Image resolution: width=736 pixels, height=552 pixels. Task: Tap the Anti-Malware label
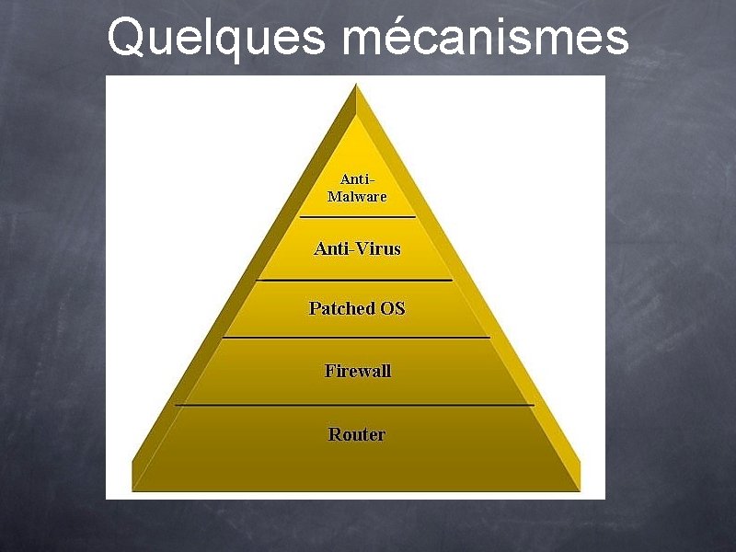[x=357, y=188]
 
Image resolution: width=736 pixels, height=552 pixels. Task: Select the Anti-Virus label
[x=357, y=248]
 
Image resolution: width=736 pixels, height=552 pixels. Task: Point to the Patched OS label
[x=357, y=308]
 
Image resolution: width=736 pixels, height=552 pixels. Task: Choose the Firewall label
[x=357, y=371]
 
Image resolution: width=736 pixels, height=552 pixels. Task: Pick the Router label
[x=357, y=434]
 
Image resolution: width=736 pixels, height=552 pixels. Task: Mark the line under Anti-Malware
[x=357, y=217]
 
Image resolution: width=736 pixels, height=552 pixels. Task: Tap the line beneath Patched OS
[x=357, y=338]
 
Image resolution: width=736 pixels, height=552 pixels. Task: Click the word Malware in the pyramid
[x=357, y=196]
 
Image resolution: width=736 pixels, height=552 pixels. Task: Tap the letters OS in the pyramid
[x=393, y=308]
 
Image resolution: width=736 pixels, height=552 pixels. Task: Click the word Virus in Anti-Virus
[x=378, y=248]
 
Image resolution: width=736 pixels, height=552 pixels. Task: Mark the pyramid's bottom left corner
[x=134, y=488]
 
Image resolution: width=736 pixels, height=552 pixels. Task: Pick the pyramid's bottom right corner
[x=580, y=488]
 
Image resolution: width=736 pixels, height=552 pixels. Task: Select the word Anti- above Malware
[x=358, y=178]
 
